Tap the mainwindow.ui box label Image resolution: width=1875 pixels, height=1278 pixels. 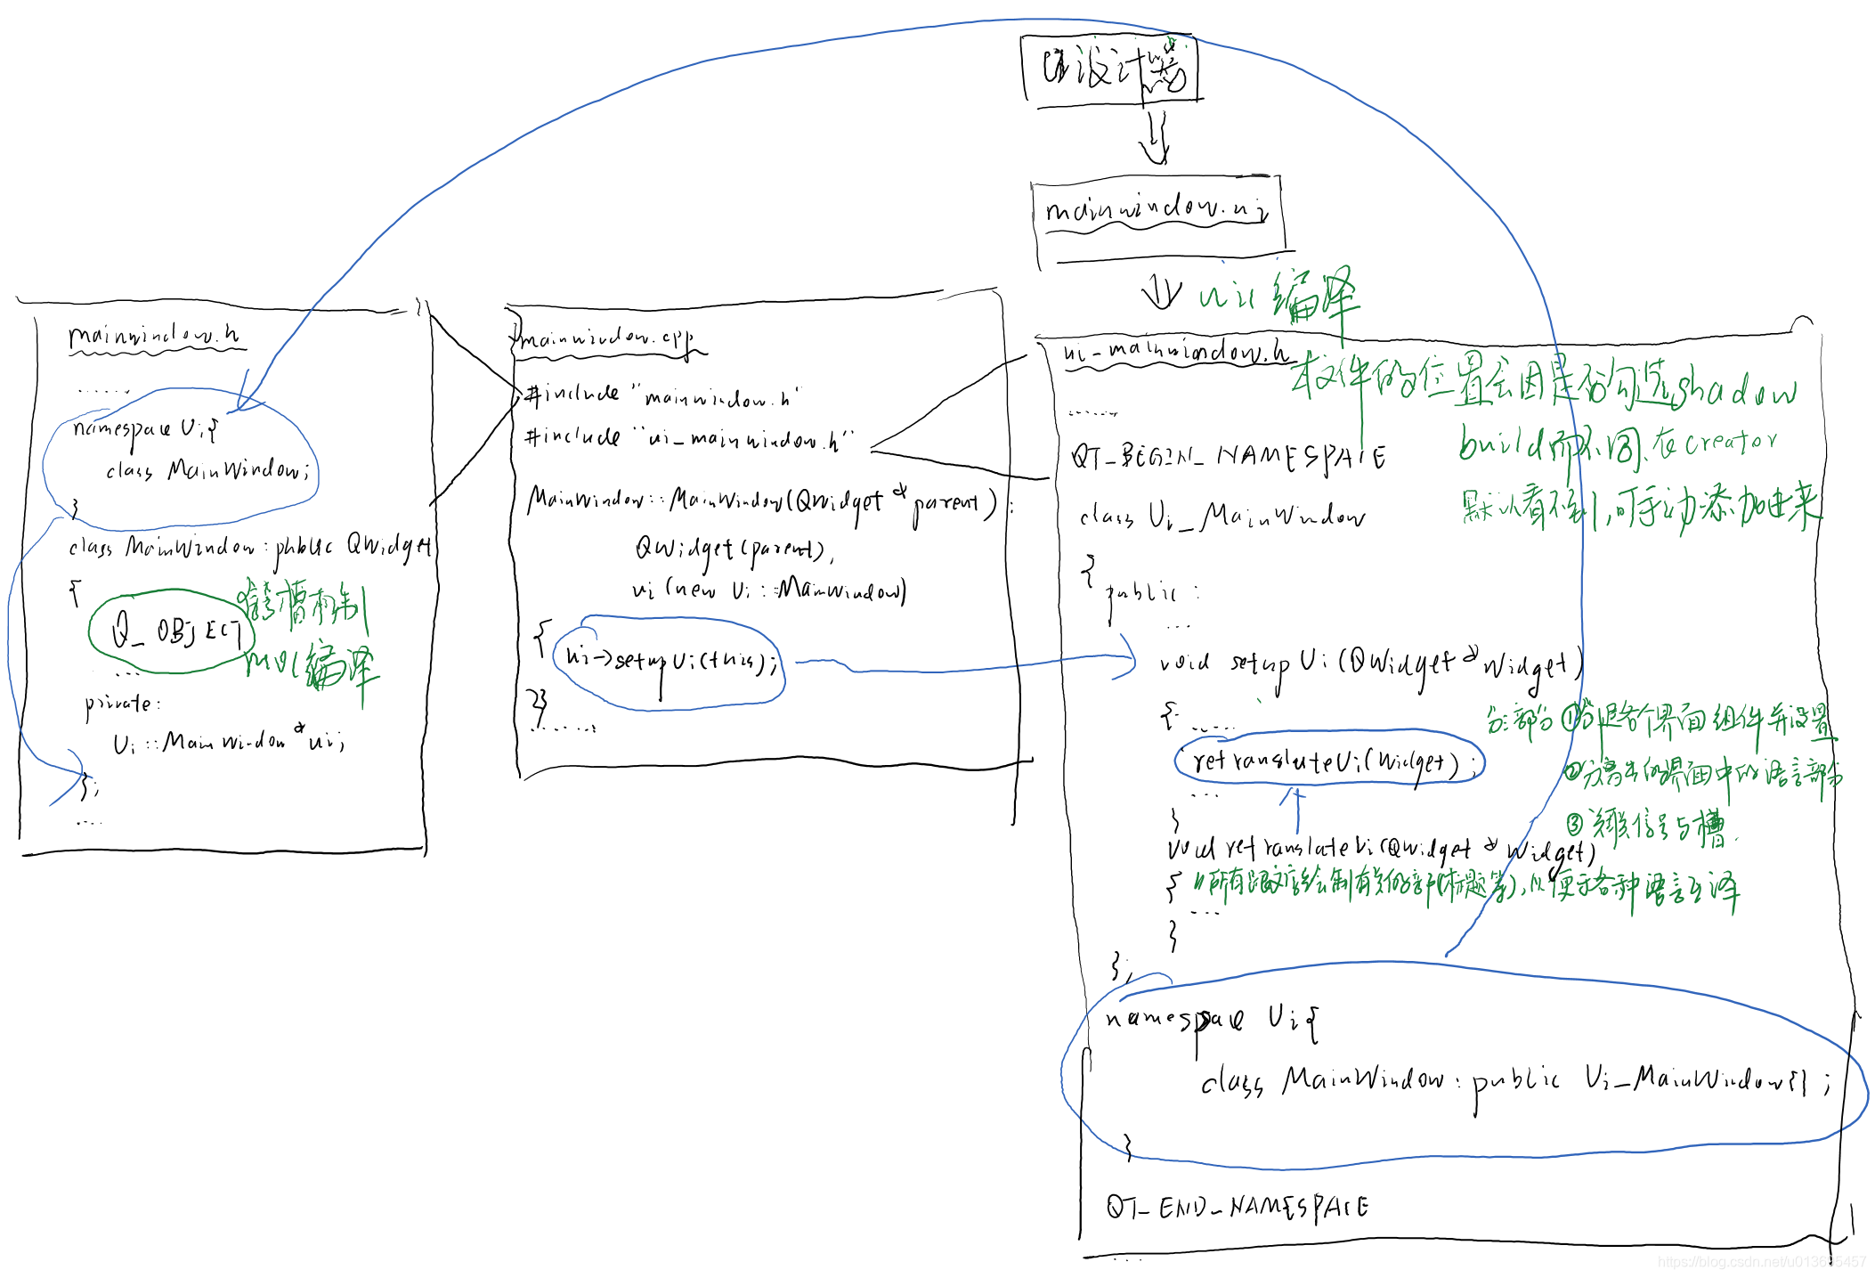tap(1156, 211)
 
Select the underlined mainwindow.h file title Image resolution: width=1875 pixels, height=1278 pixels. tap(153, 336)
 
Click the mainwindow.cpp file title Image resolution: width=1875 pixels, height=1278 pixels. tap(605, 339)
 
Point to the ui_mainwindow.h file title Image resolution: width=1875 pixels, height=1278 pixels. tap(1175, 352)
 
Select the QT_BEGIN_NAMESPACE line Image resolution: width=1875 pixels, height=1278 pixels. tap(1228, 457)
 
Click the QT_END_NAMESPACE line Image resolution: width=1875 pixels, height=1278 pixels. tap(1238, 1207)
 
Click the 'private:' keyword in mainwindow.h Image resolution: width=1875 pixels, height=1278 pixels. tap(122, 704)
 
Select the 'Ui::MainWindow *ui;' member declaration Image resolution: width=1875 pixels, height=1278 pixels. tap(228, 741)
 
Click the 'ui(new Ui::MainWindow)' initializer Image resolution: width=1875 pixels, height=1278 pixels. tap(769, 590)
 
